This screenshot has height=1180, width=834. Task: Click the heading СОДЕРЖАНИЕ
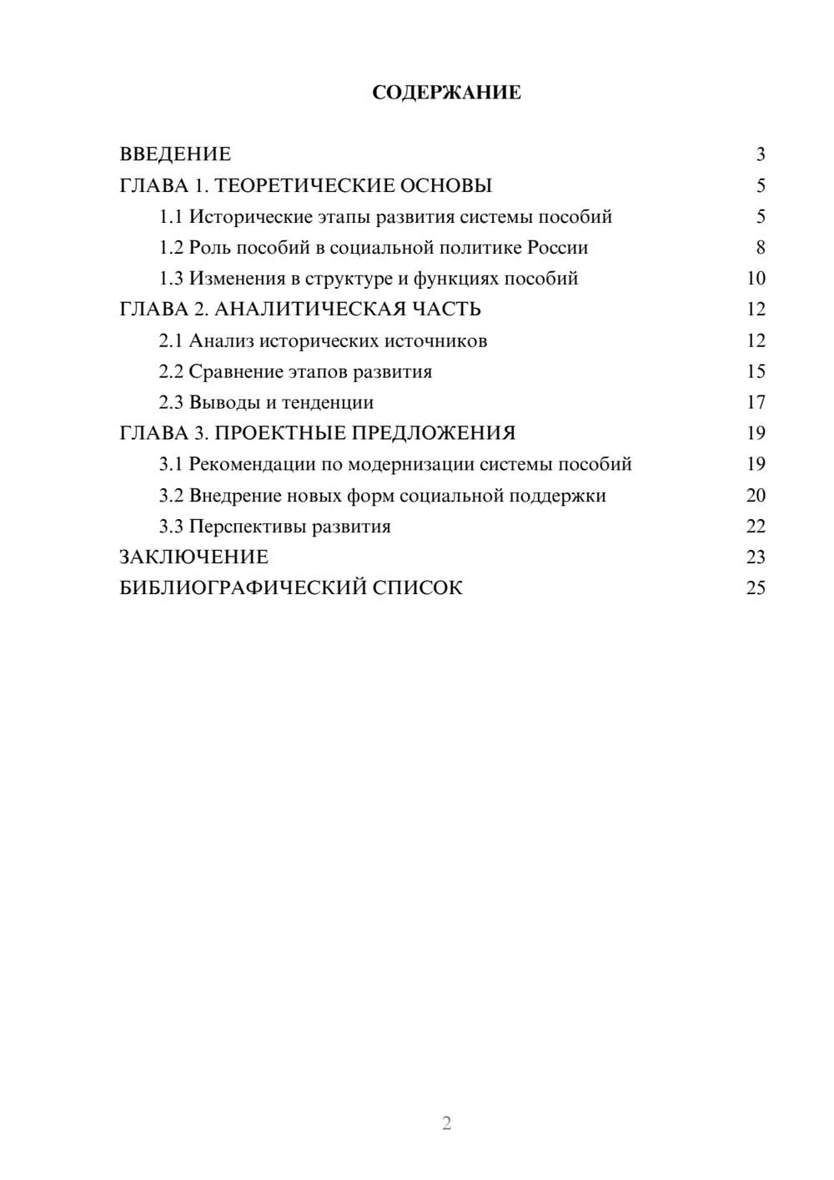(x=446, y=93)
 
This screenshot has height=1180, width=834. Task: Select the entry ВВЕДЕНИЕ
(x=175, y=154)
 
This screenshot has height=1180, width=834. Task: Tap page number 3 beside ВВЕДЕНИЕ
(x=760, y=154)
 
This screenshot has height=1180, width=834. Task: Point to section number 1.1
(x=170, y=217)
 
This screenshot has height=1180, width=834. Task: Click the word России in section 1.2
(x=557, y=248)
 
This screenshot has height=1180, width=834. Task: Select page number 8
(x=760, y=248)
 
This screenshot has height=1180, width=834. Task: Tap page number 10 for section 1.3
(x=756, y=279)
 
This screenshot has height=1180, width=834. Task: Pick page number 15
(x=756, y=371)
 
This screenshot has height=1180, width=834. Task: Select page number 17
(x=756, y=402)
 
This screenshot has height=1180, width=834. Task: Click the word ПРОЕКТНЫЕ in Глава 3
(x=279, y=433)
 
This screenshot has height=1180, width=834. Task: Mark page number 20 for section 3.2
(x=756, y=495)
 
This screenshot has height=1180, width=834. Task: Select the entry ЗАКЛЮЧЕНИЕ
(x=193, y=557)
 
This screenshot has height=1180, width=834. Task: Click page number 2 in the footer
(x=446, y=1123)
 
